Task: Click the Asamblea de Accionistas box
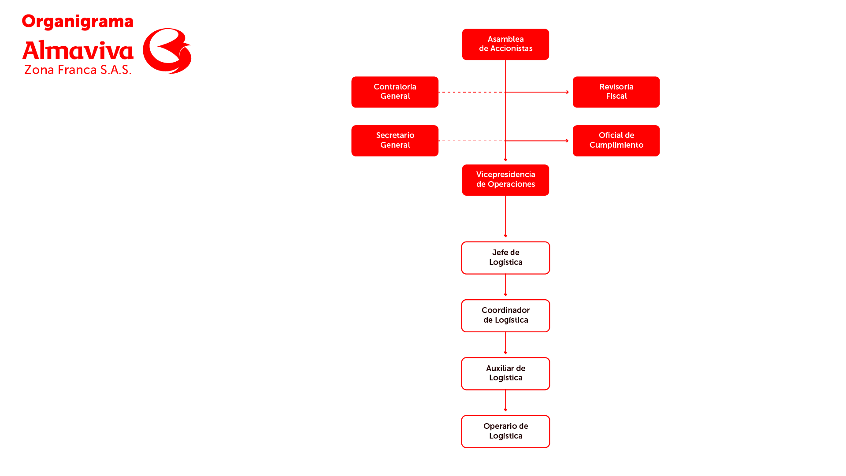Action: (505, 45)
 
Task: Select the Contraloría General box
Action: (395, 92)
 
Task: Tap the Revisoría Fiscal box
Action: (616, 92)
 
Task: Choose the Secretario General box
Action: (395, 141)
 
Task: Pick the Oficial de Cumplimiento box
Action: (616, 141)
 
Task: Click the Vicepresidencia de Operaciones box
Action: (505, 180)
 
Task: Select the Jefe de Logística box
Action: (505, 258)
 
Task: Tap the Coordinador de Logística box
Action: (505, 316)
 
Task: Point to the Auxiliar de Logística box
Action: (505, 374)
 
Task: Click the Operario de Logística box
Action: (505, 431)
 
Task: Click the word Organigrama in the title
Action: (78, 22)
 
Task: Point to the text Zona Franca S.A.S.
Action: (78, 70)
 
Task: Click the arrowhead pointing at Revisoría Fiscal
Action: (568, 92)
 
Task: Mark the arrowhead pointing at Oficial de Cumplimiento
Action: (568, 141)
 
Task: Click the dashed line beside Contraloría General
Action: (472, 92)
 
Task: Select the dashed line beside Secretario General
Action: (472, 141)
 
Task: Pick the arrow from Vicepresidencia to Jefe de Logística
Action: (505, 216)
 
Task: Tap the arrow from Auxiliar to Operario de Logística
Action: (505, 401)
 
